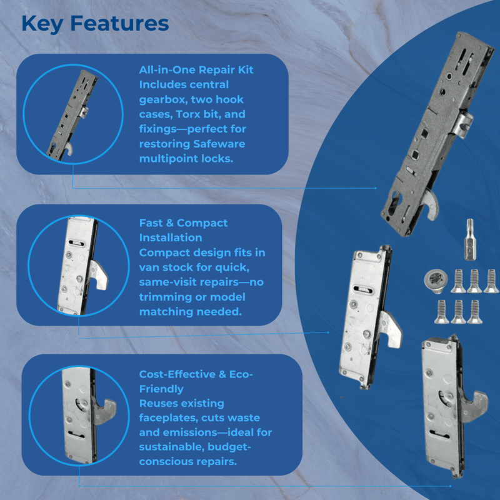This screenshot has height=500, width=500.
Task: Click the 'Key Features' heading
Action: pos(95,23)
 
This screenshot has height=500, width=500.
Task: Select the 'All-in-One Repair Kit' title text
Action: pos(196,70)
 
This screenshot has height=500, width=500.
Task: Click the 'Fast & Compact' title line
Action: pos(183,223)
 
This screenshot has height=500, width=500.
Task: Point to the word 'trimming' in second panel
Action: pos(164,297)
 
